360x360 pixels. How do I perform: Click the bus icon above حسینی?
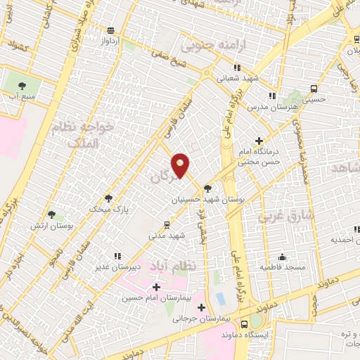pos(314,89)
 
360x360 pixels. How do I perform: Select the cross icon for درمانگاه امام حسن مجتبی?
pos(259,141)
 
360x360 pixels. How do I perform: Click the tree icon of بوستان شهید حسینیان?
pos(207,188)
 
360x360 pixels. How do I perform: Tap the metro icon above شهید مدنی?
pos(167,224)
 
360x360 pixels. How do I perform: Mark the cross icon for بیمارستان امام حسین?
pos(155,287)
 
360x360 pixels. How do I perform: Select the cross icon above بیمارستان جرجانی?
pos(202,307)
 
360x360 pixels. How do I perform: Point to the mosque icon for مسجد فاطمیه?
pos(282,257)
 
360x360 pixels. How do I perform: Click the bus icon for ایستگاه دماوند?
pos(244,324)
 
